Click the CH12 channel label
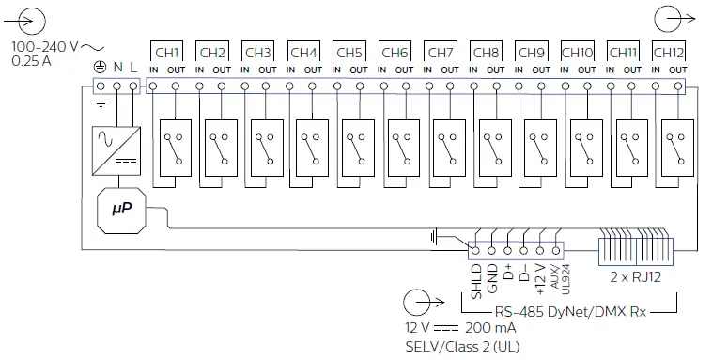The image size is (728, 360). pos(668,52)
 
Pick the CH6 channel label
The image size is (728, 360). pos(395,52)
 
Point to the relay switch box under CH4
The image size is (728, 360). pos(311,146)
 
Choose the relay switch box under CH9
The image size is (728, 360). pos(539,146)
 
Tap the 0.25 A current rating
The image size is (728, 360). pos(33,61)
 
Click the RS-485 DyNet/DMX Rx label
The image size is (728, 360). pos(571,309)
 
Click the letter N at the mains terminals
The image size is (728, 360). pos(117,67)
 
